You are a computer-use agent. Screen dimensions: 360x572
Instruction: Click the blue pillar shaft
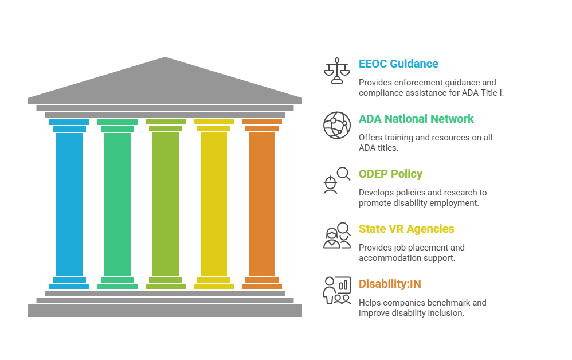(x=69, y=204)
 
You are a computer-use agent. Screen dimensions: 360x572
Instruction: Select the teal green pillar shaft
(x=117, y=204)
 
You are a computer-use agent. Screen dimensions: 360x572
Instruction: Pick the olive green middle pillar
(x=166, y=204)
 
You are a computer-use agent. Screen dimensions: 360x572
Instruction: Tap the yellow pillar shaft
(x=214, y=204)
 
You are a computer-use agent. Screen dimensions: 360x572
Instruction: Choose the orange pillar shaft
(x=262, y=204)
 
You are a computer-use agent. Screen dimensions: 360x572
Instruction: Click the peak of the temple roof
(x=166, y=58)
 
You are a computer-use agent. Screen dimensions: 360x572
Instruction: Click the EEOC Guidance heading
(x=398, y=64)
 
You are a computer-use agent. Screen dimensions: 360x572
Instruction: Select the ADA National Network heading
(x=416, y=119)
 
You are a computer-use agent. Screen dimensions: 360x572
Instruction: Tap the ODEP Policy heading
(x=390, y=174)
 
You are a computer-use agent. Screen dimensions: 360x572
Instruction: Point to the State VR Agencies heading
(x=406, y=229)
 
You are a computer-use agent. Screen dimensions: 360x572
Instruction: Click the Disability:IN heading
(x=390, y=284)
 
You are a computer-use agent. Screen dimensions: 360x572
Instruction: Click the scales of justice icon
(x=336, y=71)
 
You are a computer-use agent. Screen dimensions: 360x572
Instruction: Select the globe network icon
(x=336, y=126)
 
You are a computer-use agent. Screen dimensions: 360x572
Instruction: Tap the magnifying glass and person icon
(x=336, y=181)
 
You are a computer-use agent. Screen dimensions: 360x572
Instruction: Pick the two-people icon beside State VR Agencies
(x=336, y=236)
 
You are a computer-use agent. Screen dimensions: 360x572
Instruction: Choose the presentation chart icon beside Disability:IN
(x=336, y=290)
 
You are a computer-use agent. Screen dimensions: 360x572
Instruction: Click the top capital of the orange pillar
(x=262, y=124)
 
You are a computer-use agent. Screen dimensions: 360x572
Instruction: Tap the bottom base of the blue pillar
(x=69, y=283)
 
